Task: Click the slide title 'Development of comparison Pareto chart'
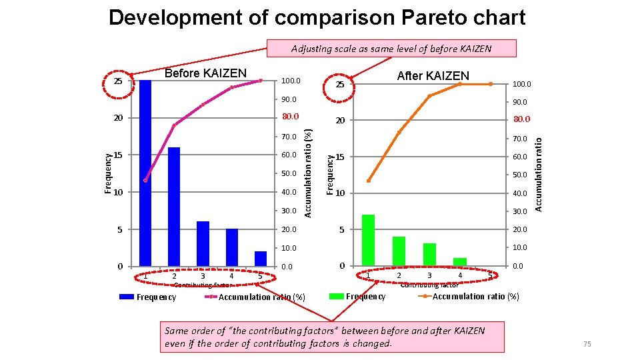[317, 18]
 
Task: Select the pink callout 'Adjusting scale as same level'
[391, 49]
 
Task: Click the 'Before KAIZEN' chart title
[205, 73]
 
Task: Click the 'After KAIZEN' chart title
[433, 76]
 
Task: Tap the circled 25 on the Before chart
[118, 81]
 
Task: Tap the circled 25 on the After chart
[339, 85]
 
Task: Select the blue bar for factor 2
[174, 207]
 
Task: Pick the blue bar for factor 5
[261, 259]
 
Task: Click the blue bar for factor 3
[203, 243]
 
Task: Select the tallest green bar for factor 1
[368, 240]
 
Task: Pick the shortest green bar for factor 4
[460, 262]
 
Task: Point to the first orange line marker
[369, 181]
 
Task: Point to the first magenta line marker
[145, 180]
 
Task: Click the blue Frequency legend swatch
[127, 297]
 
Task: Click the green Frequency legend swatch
[337, 296]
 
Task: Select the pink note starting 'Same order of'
[331, 337]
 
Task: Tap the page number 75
[587, 343]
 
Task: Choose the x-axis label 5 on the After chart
[490, 275]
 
